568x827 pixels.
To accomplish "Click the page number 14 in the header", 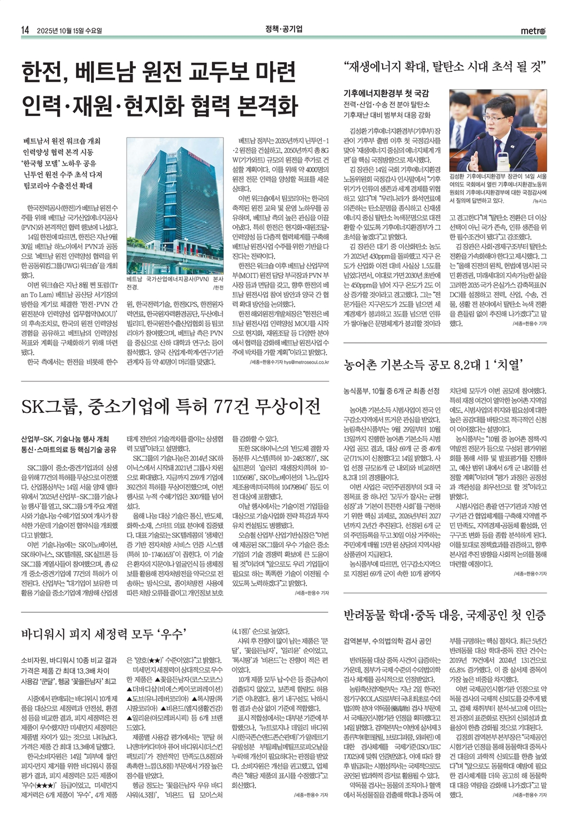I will tap(25, 31).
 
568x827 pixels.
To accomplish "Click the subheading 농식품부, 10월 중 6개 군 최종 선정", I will tap(392, 391).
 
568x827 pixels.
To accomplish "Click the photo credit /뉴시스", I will tap(539, 201).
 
